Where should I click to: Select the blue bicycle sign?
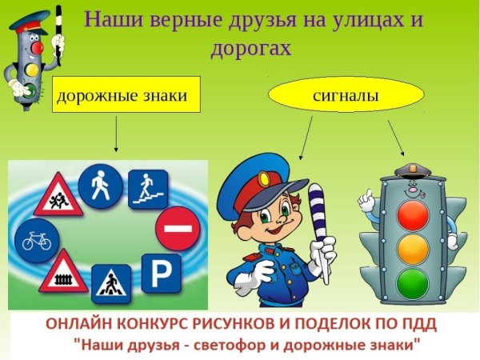35,238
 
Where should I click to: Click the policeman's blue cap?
255,181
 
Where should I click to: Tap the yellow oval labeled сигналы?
334,96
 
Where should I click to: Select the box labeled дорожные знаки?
121,96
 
